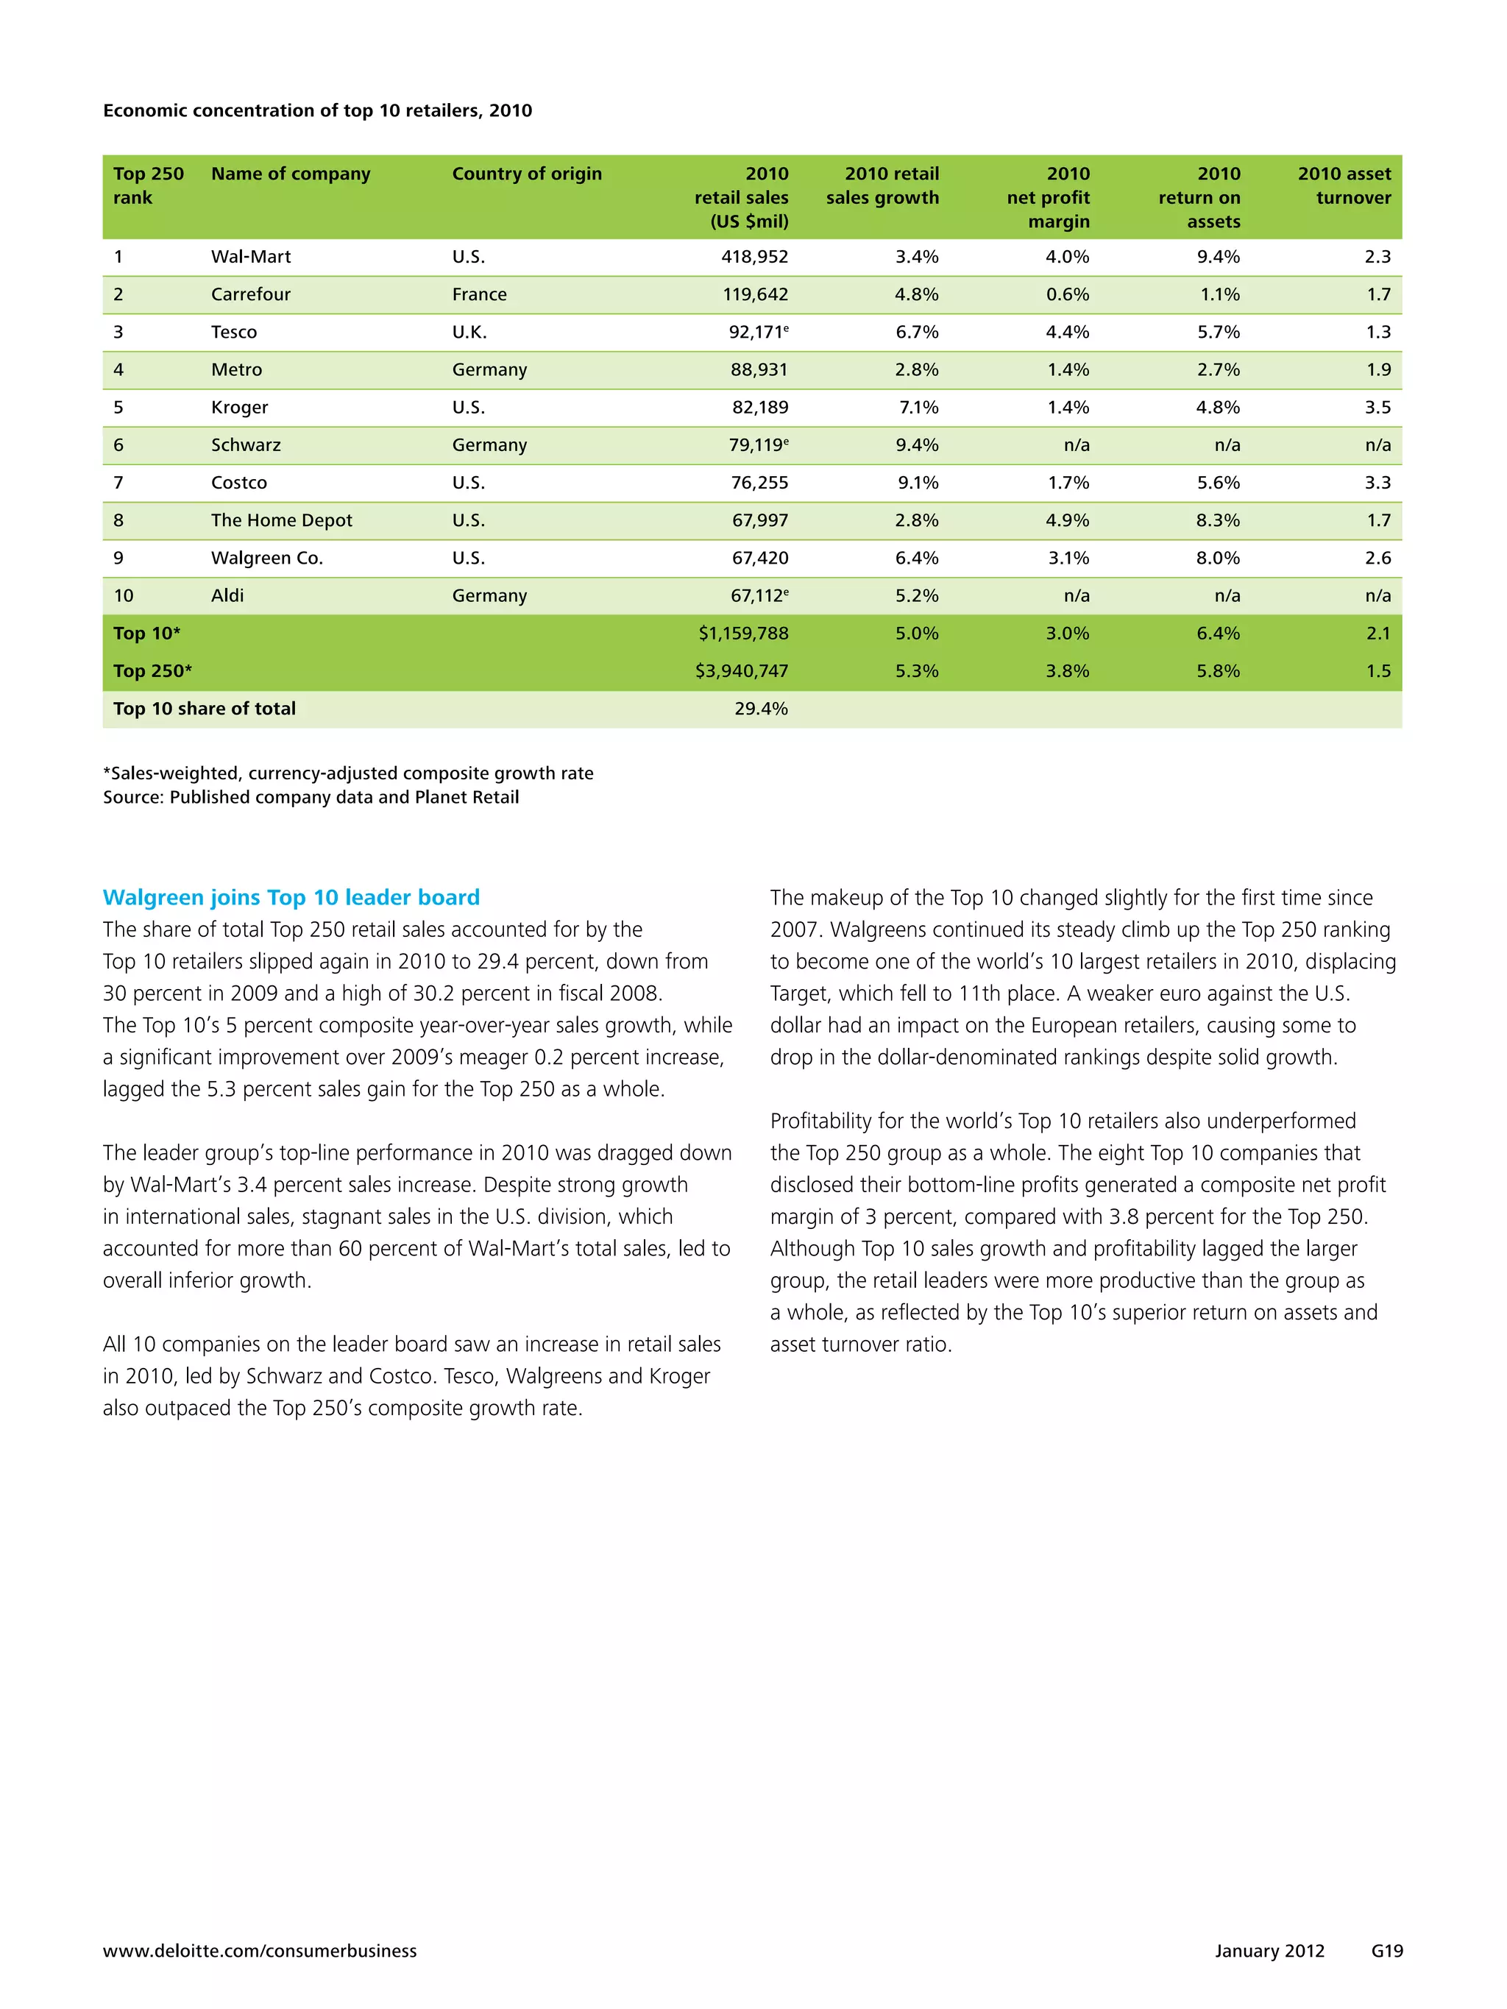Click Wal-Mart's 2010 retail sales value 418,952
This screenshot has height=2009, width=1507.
(754, 257)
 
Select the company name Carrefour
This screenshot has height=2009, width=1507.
(251, 294)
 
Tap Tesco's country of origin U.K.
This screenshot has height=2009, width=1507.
(469, 333)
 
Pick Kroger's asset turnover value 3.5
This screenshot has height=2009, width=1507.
(1377, 408)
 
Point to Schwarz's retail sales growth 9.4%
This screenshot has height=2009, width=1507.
(917, 445)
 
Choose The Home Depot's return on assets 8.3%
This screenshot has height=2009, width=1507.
(1217, 520)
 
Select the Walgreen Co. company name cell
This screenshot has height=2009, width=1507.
(267, 559)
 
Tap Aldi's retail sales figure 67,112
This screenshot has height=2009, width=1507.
(759, 596)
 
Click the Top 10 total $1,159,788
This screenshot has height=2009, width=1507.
(743, 634)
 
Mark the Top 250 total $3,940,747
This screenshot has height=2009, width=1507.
(741, 671)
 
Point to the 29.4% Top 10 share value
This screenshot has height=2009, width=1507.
(761, 709)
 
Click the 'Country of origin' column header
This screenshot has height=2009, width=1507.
(527, 174)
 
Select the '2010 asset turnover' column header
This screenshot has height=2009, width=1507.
(1344, 185)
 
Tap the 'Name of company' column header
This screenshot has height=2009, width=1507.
(291, 174)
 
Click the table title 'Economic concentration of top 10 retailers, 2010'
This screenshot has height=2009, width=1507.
(317, 111)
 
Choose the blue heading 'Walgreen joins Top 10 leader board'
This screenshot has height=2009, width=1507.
(291, 897)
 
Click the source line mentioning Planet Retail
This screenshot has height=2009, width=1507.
(311, 798)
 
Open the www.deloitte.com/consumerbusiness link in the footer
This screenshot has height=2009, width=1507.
(260, 1951)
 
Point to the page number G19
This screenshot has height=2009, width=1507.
(1386, 1951)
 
